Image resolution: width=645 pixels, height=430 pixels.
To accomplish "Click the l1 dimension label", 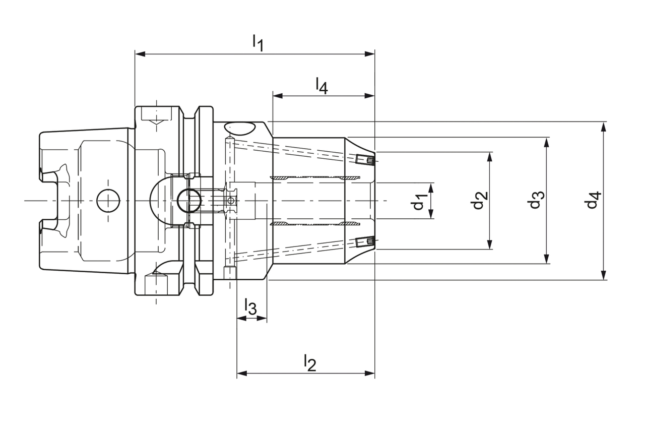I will click(x=258, y=42).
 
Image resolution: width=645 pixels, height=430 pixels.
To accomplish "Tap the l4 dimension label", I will click(x=321, y=86).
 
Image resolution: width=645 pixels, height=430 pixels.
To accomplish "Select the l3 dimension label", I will click(x=250, y=307).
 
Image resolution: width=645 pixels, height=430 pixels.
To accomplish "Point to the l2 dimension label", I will click(x=309, y=362).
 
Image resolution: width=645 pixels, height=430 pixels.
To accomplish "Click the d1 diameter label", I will click(x=419, y=201).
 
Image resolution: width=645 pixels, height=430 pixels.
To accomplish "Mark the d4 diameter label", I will click(x=593, y=201).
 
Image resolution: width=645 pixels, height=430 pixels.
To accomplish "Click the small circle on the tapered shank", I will click(x=108, y=201).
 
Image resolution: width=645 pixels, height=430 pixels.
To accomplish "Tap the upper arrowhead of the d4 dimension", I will click(x=604, y=126).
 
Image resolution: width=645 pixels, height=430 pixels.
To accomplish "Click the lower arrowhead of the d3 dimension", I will click(x=547, y=259).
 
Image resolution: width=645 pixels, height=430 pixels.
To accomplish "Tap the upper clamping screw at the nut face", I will click(x=364, y=160).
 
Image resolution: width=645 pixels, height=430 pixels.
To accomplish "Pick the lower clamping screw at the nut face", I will click(x=364, y=242).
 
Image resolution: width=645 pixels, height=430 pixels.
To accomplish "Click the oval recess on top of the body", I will click(x=239, y=128).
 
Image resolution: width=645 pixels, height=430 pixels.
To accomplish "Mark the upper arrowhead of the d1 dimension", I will click(x=432, y=187).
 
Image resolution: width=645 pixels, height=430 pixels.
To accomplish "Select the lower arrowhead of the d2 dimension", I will click(x=489, y=245).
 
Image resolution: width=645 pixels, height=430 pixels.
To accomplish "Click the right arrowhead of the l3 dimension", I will click(x=263, y=319).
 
